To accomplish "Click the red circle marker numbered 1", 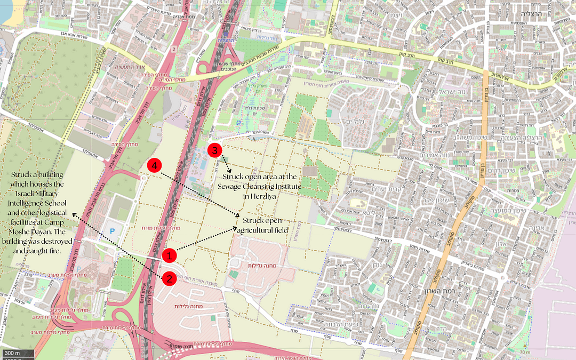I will point(169,256).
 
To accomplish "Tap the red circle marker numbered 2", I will point(169,278).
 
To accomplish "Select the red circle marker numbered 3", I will point(214,150).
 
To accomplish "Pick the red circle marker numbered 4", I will point(154,166).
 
